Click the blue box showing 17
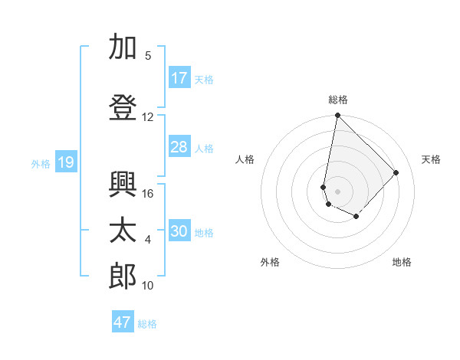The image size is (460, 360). pyautogui.click(x=179, y=78)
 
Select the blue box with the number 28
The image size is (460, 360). pyautogui.click(x=179, y=147)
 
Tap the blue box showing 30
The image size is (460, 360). pyautogui.click(x=179, y=231)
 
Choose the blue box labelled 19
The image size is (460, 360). pyautogui.click(x=66, y=162)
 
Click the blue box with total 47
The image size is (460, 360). pyautogui.click(x=123, y=322)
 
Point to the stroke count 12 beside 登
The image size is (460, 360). pyautogui.click(x=148, y=117)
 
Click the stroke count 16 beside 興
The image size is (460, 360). pyautogui.click(x=148, y=194)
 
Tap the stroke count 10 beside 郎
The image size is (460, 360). pyautogui.click(x=148, y=286)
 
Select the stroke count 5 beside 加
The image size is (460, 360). pyautogui.click(x=148, y=56)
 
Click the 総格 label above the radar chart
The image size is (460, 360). pyautogui.click(x=337, y=100)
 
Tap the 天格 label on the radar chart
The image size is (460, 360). pyautogui.click(x=431, y=159)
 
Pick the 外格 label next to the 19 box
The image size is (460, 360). pyautogui.click(x=40, y=163)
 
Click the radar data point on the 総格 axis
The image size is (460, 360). pyautogui.click(x=337, y=116)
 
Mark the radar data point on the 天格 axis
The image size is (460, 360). pyautogui.click(x=396, y=172)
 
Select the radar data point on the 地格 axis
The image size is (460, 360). pyautogui.click(x=356, y=217)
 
